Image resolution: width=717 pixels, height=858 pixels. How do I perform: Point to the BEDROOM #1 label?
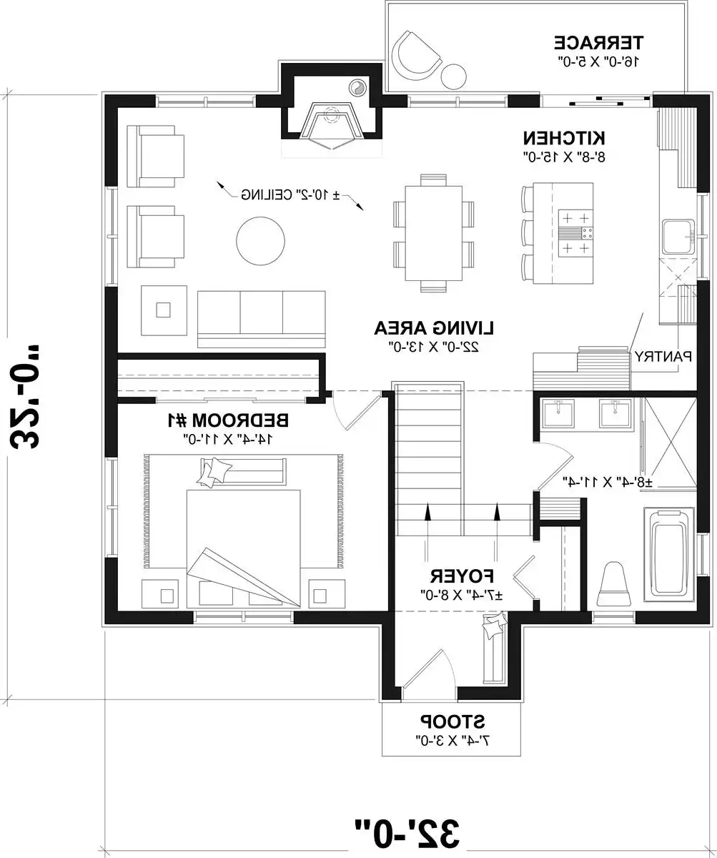(227, 419)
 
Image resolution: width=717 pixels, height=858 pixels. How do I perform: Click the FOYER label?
(463, 576)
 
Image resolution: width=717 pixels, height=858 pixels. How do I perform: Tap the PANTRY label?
(661, 355)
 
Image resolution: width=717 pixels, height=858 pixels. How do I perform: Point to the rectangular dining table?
(433, 234)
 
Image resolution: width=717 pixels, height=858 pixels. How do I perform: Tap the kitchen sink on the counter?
(676, 237)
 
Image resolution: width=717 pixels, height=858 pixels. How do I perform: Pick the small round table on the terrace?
(453, 74)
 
